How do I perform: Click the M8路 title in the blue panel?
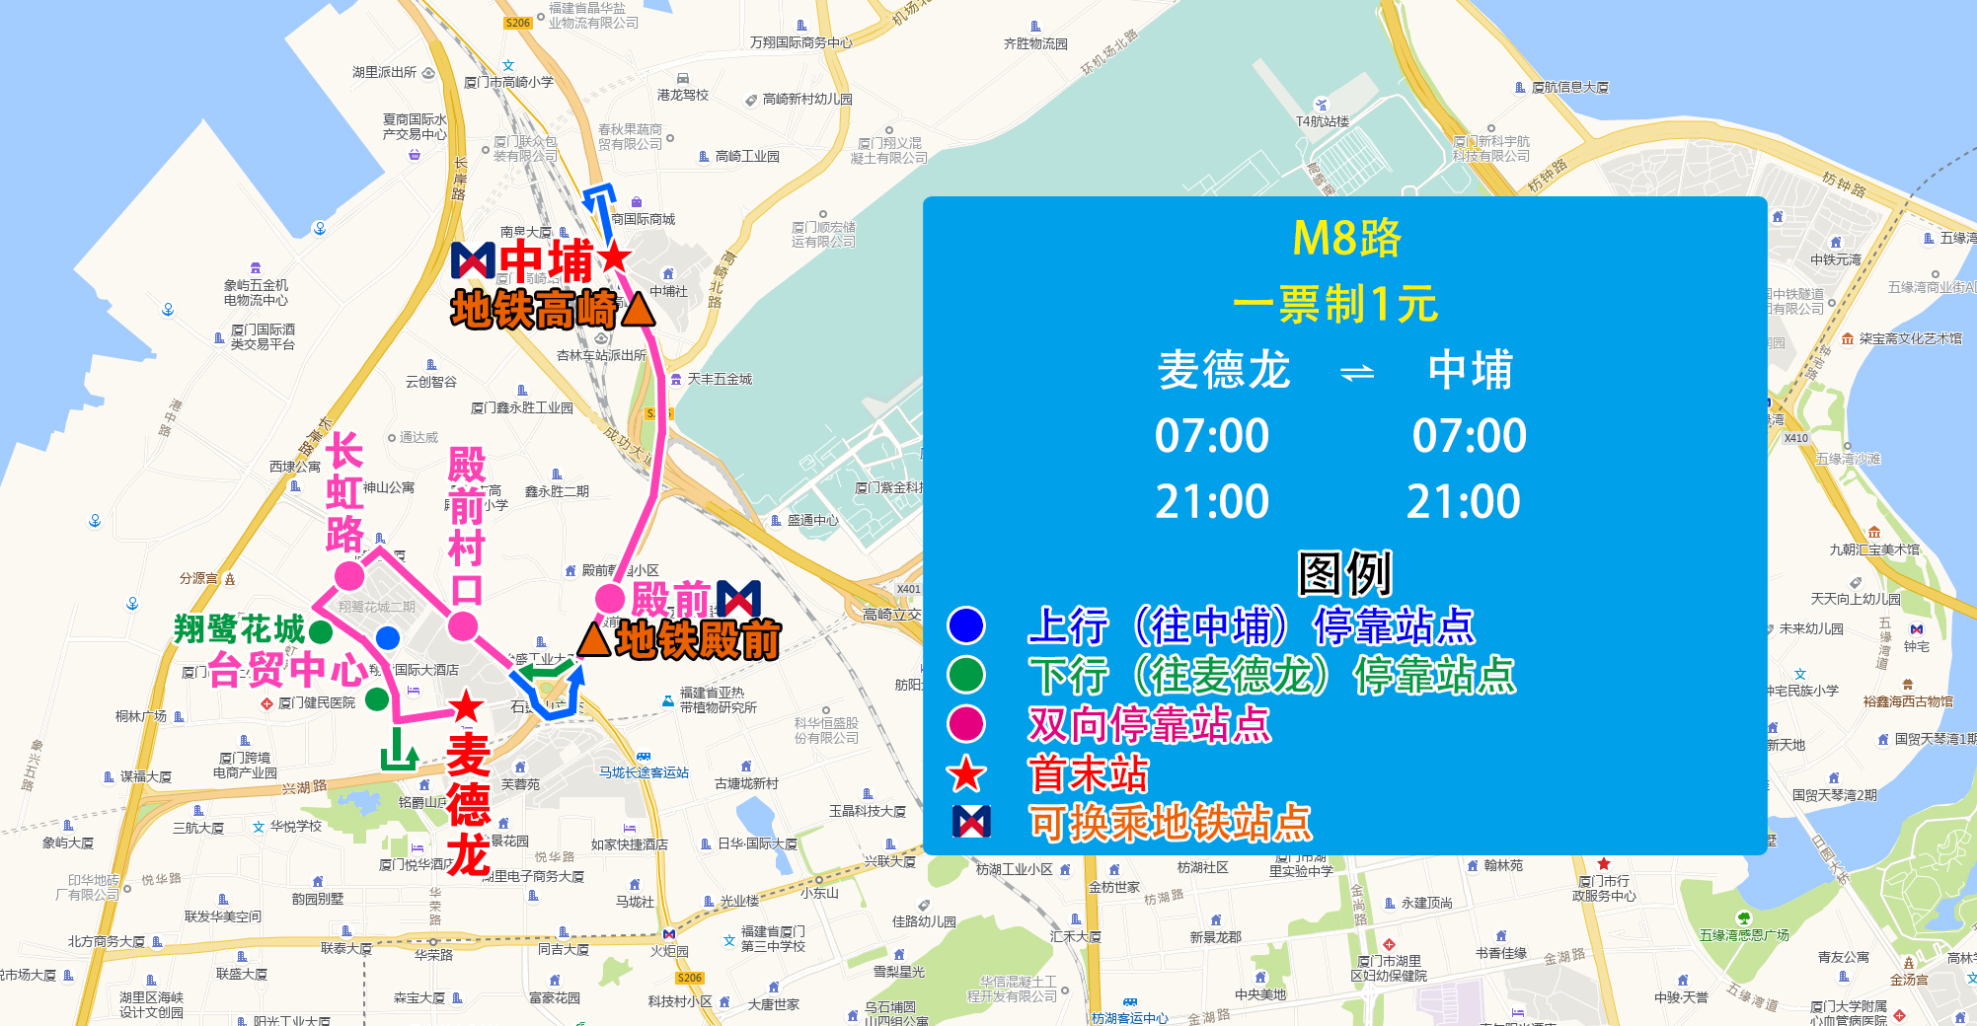click(x=1345, y=239)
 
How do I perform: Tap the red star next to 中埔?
click(x=614, y=256)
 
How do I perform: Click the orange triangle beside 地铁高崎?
click(x=638, y=310)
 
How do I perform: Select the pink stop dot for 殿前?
click(x=609, y=598)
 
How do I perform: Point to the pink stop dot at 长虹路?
click(x=349, y=575)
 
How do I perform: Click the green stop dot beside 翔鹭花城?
click(x=321, y=631)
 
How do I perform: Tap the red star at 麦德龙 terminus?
click(x=466, y=706)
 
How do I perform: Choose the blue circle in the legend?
click(x=966, y=625)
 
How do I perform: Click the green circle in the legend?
click(x=966, y=675)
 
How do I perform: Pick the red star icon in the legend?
click(x=966, y=774)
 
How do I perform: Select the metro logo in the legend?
click(x=971, y=822)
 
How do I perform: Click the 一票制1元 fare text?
click(x=1335, y=304)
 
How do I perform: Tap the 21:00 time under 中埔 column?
click(x=1463, y=502)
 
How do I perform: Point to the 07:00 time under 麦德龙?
click(x=1212, y=436)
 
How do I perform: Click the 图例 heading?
click(x=1344, y=573)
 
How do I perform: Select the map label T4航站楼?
click(x=1322, y=121)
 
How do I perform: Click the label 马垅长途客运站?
click(x=644, y=772)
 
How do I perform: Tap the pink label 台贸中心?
click(x=288, y=670)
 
